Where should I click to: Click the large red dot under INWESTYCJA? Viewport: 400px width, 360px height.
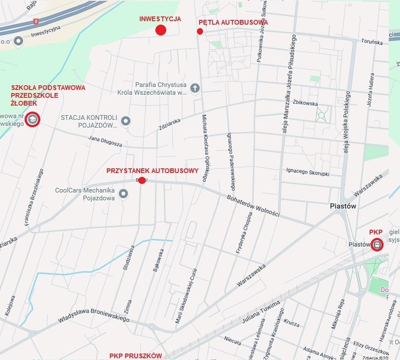[x=161, y=30]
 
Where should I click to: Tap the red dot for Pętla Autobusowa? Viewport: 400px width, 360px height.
[x=200, y=31]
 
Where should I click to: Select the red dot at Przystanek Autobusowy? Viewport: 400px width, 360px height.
[x=142, y=180]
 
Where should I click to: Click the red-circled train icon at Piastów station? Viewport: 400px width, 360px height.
[x=377, y=245]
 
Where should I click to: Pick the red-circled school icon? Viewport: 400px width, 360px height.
[x=32, y=120]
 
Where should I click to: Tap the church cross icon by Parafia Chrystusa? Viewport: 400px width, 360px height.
[x=195, y=88]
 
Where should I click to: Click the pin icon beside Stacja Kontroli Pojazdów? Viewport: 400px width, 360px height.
[x=126, y=121]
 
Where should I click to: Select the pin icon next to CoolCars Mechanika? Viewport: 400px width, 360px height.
[x=123, y=194]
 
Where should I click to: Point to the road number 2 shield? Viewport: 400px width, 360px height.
[x=36, y=21]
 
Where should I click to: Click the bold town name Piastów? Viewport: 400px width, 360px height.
[x=342, y=206]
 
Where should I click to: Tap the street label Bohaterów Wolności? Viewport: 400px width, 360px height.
[x=253, y=206]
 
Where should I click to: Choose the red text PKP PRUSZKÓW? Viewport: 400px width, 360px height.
[x=135, y=356]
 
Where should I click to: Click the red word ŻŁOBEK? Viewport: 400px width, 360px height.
[x=24, y=103]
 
